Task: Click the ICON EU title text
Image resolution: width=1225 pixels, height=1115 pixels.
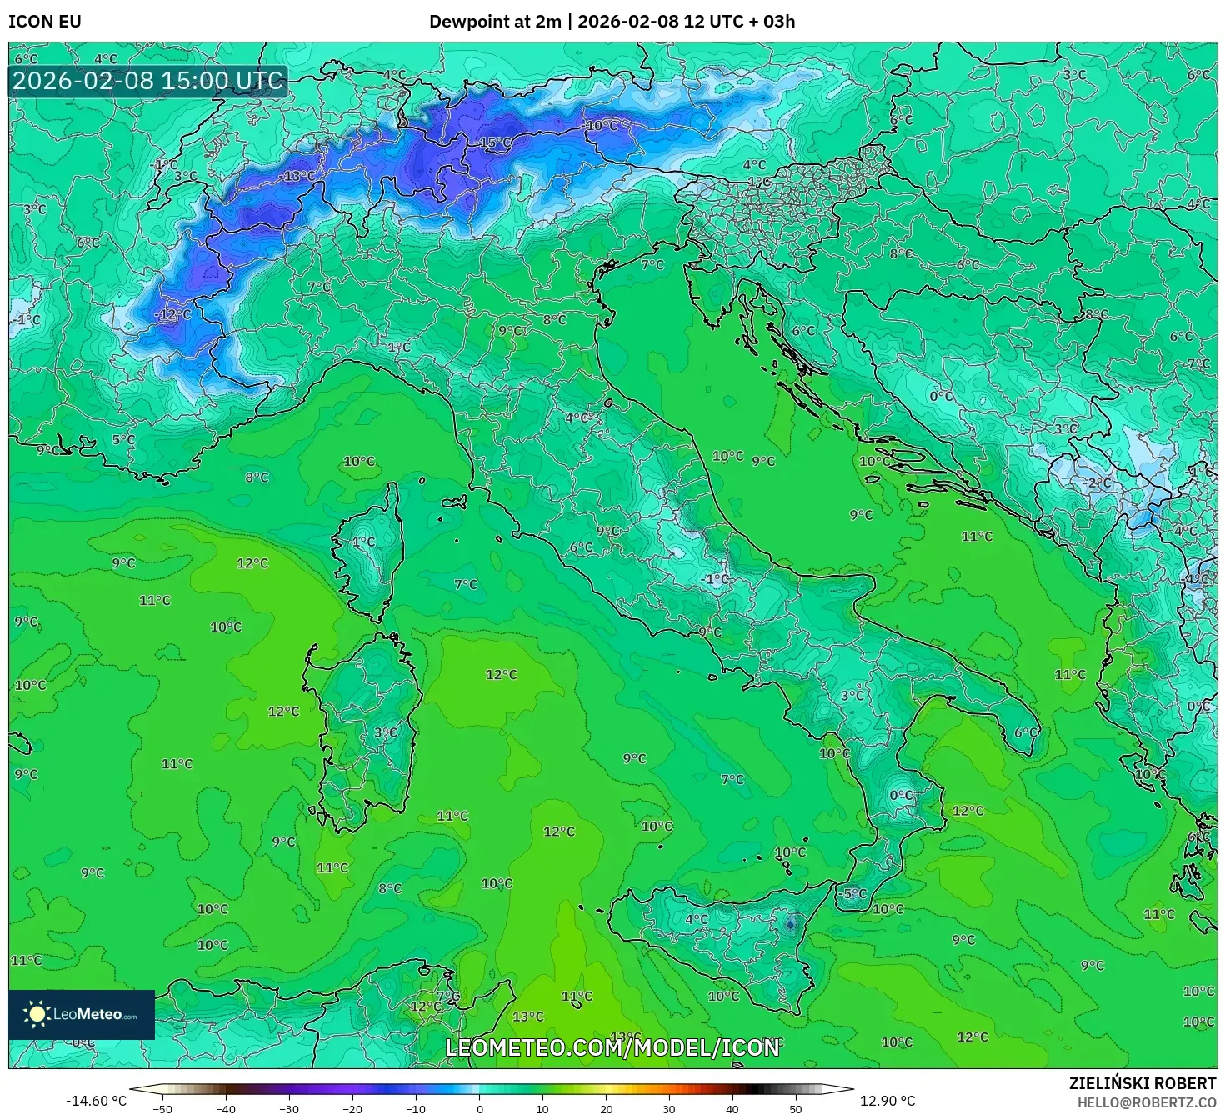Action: click(x=45, y=22)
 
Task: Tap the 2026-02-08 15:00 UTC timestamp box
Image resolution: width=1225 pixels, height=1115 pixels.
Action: click(x=148, y=82)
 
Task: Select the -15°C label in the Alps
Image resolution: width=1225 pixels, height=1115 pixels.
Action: click(x=495, y=142)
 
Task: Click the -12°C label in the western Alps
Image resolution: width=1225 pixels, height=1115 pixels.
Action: click(x=172, y=314)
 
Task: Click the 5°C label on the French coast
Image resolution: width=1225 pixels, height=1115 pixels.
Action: click(x=123, y=439)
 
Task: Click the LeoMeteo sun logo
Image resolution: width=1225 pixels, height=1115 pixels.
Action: click(x=37, y=1014)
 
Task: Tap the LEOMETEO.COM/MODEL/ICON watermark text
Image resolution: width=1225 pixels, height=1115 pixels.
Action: click(x=612, y=1047)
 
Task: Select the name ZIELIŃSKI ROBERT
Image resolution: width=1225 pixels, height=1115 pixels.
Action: click(x=1142, y=1083)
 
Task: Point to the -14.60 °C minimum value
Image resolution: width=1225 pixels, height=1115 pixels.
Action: click(x=97, y=1101)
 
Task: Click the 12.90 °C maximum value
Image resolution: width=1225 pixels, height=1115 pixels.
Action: click(x=887, y=1101)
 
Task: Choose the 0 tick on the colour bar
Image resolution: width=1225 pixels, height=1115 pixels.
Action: click(x=479, y=1109)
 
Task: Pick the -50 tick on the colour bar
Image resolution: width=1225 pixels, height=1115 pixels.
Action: click(x=162, y=1109)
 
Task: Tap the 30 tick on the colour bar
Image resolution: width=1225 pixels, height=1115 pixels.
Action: click(x=669, y=1109)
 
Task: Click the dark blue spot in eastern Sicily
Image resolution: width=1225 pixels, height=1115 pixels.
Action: click(x=790, y=922)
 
